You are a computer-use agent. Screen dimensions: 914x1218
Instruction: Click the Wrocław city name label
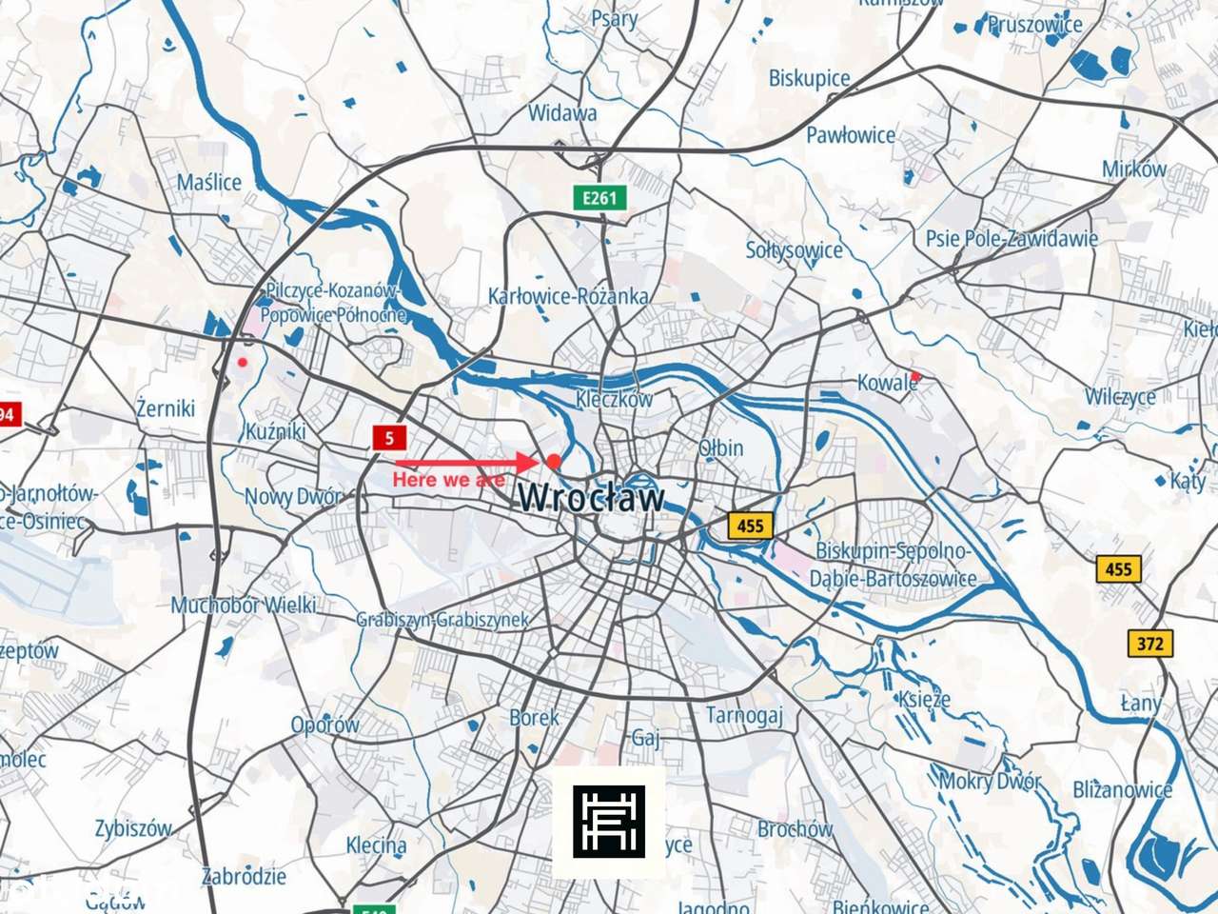coord(591,497)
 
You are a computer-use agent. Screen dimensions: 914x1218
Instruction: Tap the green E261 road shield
coord(600,198)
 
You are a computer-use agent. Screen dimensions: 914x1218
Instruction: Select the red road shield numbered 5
coord(389,439)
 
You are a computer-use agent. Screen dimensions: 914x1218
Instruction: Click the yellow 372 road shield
coord(1149,644)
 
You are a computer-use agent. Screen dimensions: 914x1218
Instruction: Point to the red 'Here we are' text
coord(448,480)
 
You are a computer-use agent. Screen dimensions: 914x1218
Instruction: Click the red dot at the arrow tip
coord(554,461)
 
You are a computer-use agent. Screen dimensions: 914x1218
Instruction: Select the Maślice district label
coord(209,182)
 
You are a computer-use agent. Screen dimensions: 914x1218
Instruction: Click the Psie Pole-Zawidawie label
coord(1012,238)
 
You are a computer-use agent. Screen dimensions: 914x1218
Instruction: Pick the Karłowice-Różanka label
coord(568,296)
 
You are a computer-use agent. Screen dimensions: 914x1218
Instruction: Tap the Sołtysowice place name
coord(794,250)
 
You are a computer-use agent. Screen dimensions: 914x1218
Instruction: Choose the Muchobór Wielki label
coord(244,605)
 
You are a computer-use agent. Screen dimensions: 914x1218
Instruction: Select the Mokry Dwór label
coord(990,782)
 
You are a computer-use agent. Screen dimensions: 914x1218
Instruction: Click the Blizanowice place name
coord(1123,789)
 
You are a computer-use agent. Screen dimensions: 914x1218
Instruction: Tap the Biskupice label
coord(809,78)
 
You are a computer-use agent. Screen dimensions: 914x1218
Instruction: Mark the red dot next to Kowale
coord(915,377)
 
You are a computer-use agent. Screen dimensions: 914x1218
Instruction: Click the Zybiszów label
coord(133,827)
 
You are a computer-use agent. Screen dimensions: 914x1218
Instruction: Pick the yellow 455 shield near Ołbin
coord(749,525)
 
